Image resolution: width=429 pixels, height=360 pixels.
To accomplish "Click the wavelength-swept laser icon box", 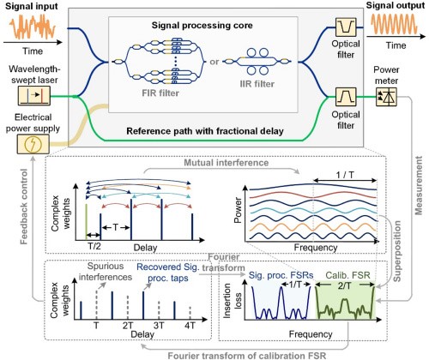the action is click(x=34, y=96).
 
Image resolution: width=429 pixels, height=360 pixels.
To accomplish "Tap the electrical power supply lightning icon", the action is click(x=33, y=144).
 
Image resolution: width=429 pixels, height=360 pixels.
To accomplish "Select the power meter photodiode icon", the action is click(x=386, y=97).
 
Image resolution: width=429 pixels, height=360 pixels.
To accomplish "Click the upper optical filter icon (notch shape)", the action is click(x=346, y=27).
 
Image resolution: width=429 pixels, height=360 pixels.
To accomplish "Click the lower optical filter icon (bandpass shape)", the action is click(x=346, y=97).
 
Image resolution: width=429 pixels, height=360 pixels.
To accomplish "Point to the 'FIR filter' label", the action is click(x=160, y=93).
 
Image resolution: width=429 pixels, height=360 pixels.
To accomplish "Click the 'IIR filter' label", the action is click(x=257, y=84).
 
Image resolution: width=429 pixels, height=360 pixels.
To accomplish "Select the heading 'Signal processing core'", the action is click(x=202, y=25).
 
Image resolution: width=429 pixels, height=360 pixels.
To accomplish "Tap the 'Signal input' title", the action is click(x=31, y=6).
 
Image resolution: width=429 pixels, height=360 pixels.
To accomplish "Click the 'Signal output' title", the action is click(x=396, y=5).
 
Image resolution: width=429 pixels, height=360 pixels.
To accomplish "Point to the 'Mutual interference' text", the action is click(x=226, y=163).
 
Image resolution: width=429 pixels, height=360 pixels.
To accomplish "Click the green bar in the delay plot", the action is click(x=86, y=222).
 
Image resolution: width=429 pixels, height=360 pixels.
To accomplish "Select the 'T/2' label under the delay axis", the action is click(x=94, y=246).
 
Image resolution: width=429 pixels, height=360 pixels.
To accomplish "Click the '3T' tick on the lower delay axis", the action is click(x=159, y=326).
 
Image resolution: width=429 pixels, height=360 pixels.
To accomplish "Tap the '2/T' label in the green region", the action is click(x=344, y=285).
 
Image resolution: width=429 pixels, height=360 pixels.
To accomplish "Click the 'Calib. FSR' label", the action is click(x=348, y=275).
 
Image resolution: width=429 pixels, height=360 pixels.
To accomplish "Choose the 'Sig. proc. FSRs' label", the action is click(x=281, y=275).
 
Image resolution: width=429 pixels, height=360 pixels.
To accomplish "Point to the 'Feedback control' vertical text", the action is click(x=24, y=207).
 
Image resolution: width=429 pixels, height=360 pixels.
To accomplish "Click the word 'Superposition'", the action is click(x=396, y=251).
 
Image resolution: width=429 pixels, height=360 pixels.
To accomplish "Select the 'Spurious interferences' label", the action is click(x=106, y=272).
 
